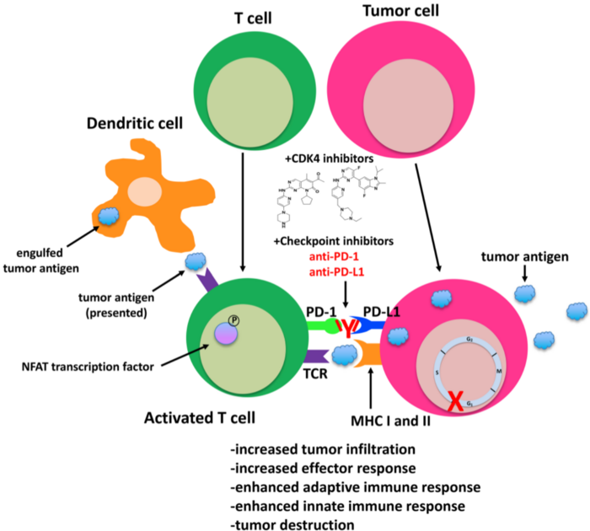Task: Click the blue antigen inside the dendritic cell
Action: point(109,217)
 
